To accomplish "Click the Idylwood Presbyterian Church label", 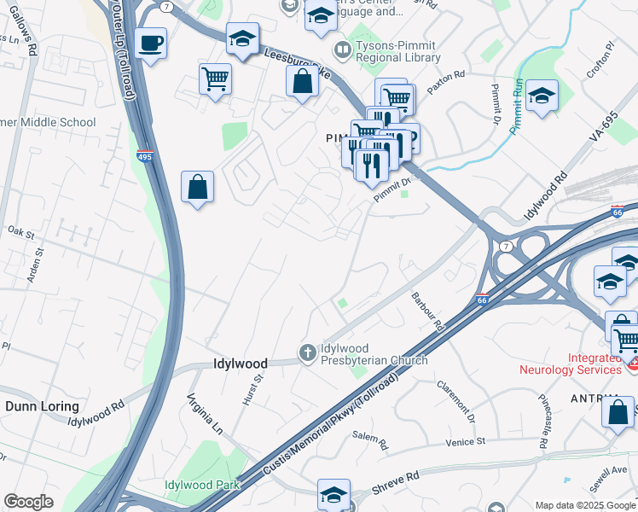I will click(374, 355).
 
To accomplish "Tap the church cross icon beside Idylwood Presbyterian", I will click(307, 352).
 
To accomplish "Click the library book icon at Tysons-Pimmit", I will click(343, 51).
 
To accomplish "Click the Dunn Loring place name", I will click(42, 406).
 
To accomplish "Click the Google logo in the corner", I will click(28, 502).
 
